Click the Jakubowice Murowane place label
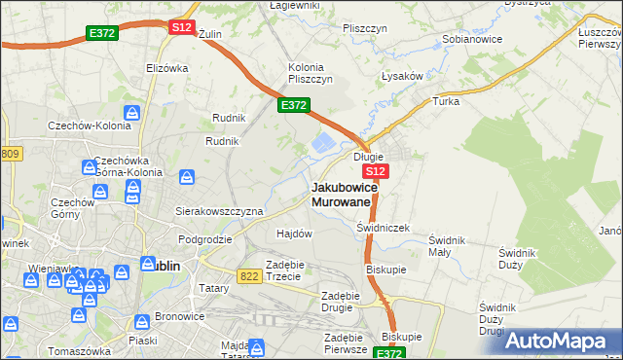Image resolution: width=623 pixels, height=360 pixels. coord(341,194)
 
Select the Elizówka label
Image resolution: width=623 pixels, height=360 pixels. coord(166,68)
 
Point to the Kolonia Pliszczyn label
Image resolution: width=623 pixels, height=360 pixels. coord(311,73)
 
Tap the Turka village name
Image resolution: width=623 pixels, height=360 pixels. coord(446,101)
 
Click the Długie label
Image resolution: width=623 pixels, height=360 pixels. coord(369,156)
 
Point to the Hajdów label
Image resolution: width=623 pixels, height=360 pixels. coord(294,234)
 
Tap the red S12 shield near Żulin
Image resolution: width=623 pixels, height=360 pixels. coord(182,27)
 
